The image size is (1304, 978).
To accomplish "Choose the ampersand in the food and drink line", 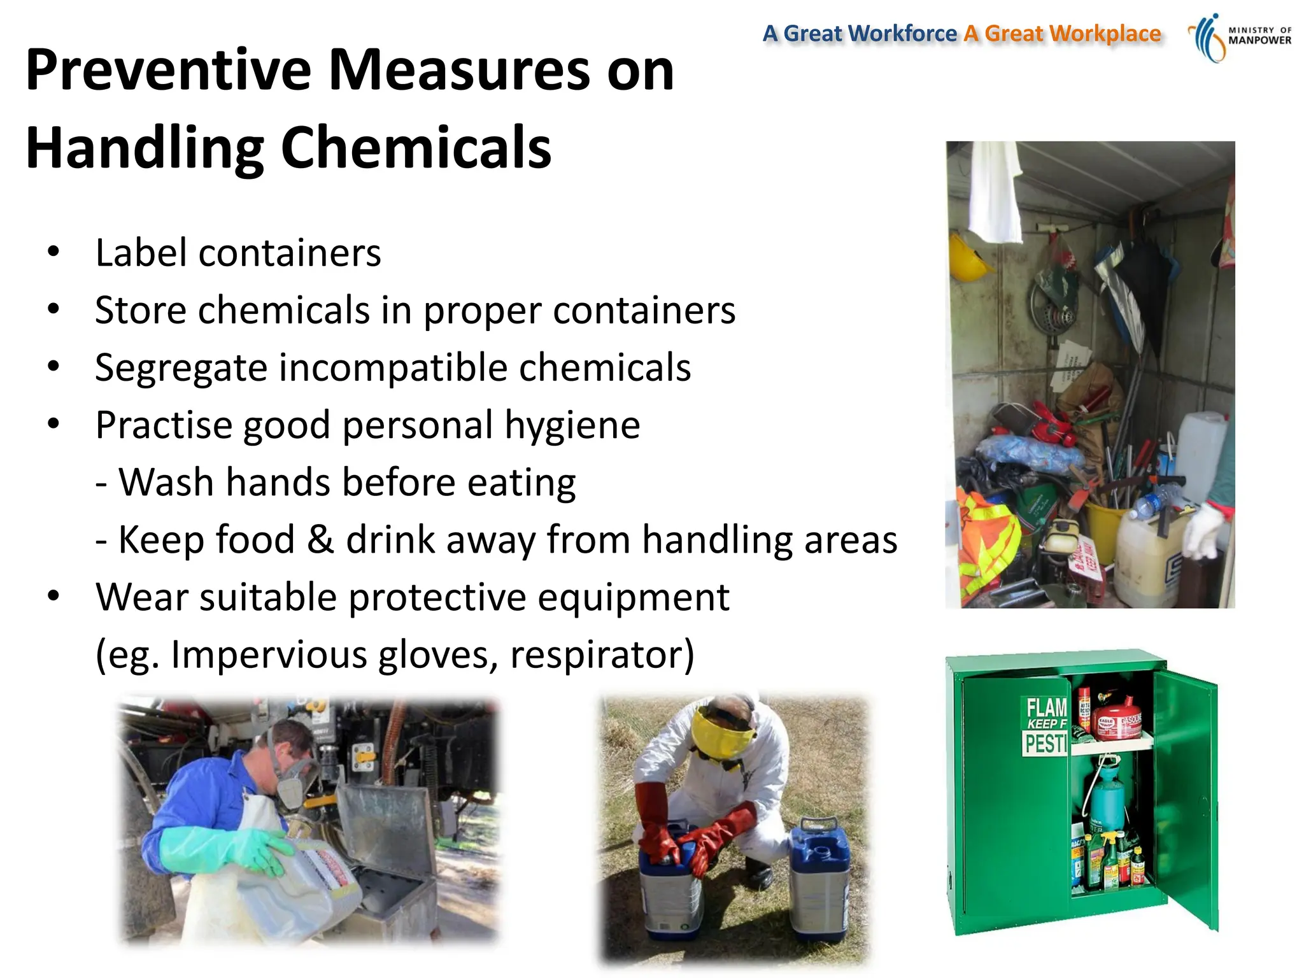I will point(320,540).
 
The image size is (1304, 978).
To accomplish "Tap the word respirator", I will point(602,655).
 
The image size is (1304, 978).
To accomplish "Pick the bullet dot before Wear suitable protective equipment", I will point(53,597).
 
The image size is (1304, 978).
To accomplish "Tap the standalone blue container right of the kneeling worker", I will point(820,879).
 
